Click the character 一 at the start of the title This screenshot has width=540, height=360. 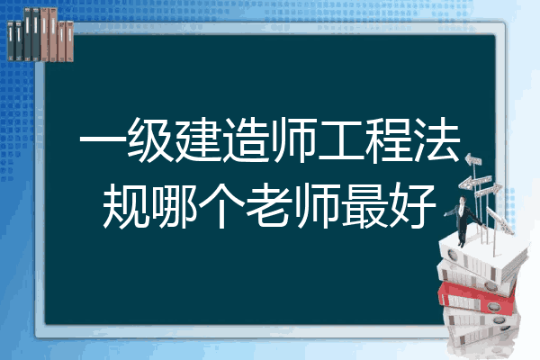(x=103, y=140)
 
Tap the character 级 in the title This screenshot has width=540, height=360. (x=150, y=139)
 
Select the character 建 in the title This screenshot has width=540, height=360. (x=198, y=139)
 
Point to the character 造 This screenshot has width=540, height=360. (x=246, y=139)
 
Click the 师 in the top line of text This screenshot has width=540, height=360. (x=293, y=139)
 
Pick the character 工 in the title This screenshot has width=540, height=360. (x=341, y=140)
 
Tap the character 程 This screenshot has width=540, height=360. (x=389, y=139)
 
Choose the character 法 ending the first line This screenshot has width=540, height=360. (x=437, y=139)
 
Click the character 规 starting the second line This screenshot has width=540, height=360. (x=126, y=206)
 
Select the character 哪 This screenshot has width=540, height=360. (x=174, y=206)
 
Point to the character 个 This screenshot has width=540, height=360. (x=221, y=206)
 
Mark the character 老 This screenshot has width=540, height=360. (x=270, y=206)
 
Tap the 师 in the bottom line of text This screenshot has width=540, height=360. (x=317, y=206)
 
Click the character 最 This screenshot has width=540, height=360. (x=365, y=206)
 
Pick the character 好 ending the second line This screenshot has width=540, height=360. (x=413, y=206)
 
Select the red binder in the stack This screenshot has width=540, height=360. (x=476, y=298)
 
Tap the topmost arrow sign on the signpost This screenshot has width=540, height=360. (x=473, y=160)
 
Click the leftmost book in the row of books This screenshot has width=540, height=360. (x=11, y=41)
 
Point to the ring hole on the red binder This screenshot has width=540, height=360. (x=493, y=306)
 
